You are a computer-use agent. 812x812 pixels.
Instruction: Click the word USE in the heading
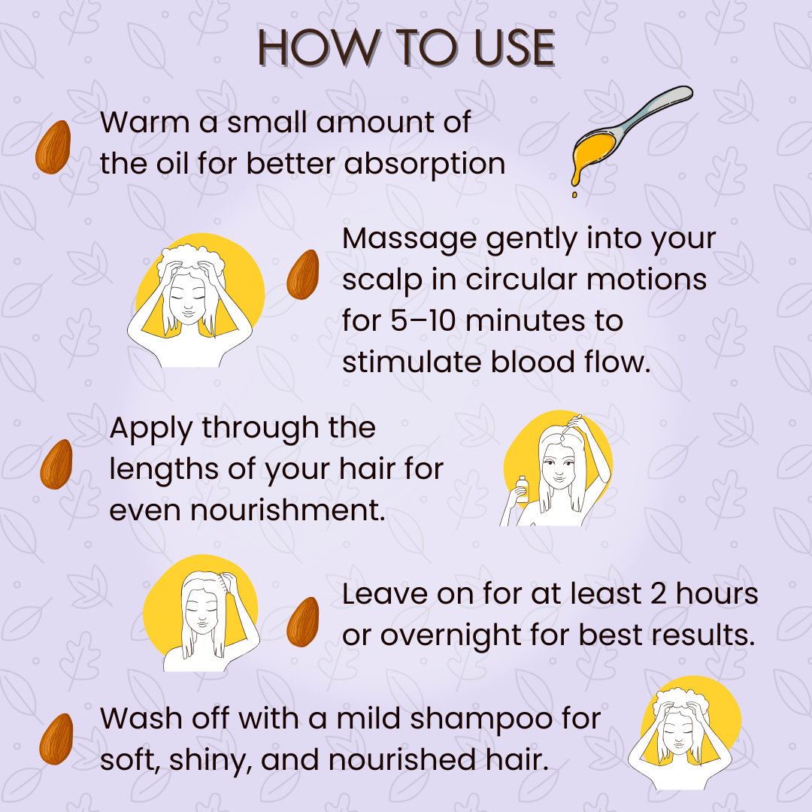pos(514,47)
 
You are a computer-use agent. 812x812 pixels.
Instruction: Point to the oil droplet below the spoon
pos(574,195)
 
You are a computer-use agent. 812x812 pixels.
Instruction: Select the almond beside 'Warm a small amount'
pos(53,147)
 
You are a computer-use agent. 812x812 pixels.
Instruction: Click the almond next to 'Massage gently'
pos(303,274)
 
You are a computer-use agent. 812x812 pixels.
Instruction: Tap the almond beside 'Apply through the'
pos(56,464)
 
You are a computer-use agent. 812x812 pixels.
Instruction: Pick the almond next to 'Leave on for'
pos(303,622)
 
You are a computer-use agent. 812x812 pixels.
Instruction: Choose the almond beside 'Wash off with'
pos(56,739)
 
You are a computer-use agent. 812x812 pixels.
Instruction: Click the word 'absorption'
pos(425,164)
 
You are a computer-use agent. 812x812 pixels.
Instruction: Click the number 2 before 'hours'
pos(658,594)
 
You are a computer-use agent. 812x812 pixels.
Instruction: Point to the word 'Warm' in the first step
pos(145,123)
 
